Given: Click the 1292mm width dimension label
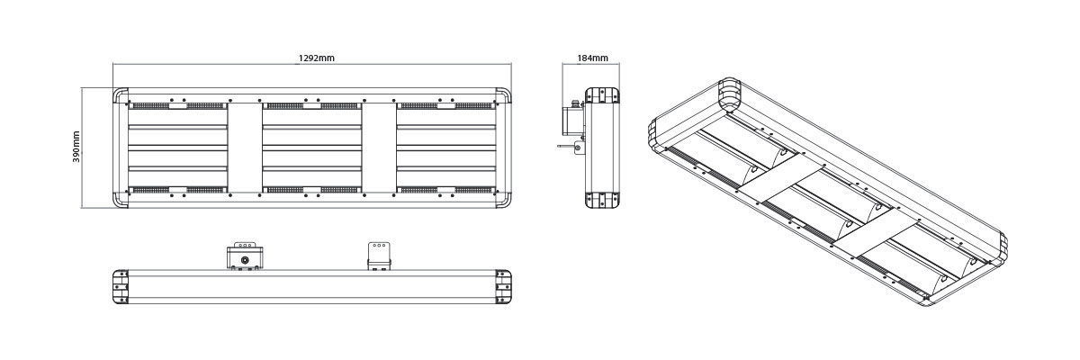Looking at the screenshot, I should [317, 58].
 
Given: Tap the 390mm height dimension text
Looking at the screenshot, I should [76, 148].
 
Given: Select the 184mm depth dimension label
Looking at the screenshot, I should [592, 58].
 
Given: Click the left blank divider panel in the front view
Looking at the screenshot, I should [244, 148].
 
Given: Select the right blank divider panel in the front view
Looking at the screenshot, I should [378, 148].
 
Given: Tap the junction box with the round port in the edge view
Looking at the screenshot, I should [244, 256].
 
